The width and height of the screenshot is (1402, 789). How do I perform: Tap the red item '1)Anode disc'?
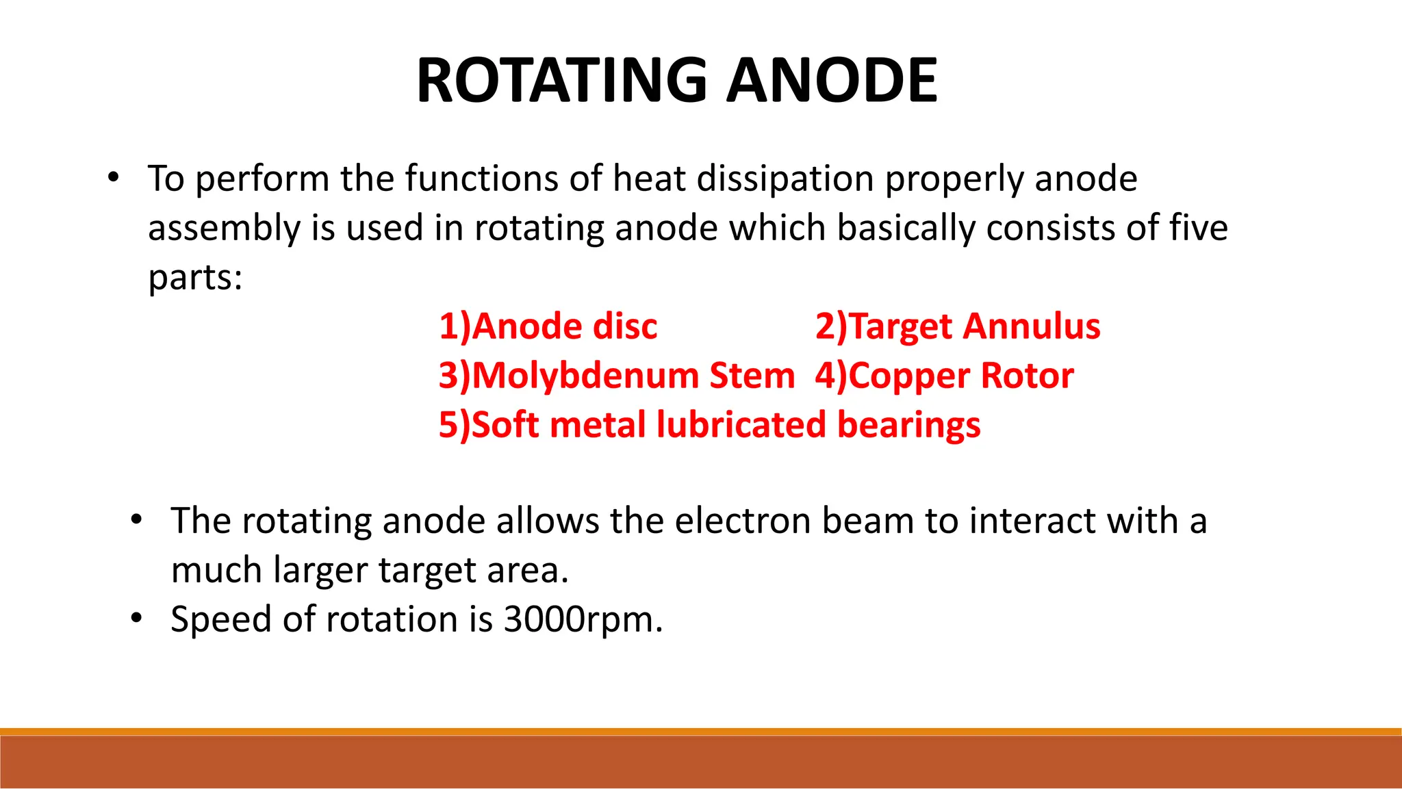pos(548,326)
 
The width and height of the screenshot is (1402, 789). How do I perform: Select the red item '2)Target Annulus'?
pos(957,326)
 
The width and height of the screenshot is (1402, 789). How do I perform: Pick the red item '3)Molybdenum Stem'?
pos(616,376)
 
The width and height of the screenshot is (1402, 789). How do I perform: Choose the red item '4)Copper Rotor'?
pos(944,376)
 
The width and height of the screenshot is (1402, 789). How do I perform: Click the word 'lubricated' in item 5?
pos(741,425)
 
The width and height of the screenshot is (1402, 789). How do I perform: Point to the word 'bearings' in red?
pos(908,425)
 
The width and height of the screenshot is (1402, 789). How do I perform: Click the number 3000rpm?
pos(583,619)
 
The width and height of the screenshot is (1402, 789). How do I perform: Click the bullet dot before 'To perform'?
pos(114,179)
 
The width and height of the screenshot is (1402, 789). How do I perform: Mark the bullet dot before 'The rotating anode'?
pos(136,521)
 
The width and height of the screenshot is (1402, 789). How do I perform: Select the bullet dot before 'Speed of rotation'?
pos(136,619)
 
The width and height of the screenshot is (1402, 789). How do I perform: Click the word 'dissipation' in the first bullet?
pos(785,179)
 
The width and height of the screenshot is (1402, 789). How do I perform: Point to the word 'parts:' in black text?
pos(195,278)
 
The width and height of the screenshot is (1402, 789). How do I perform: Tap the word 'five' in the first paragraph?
pos(1198,228)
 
